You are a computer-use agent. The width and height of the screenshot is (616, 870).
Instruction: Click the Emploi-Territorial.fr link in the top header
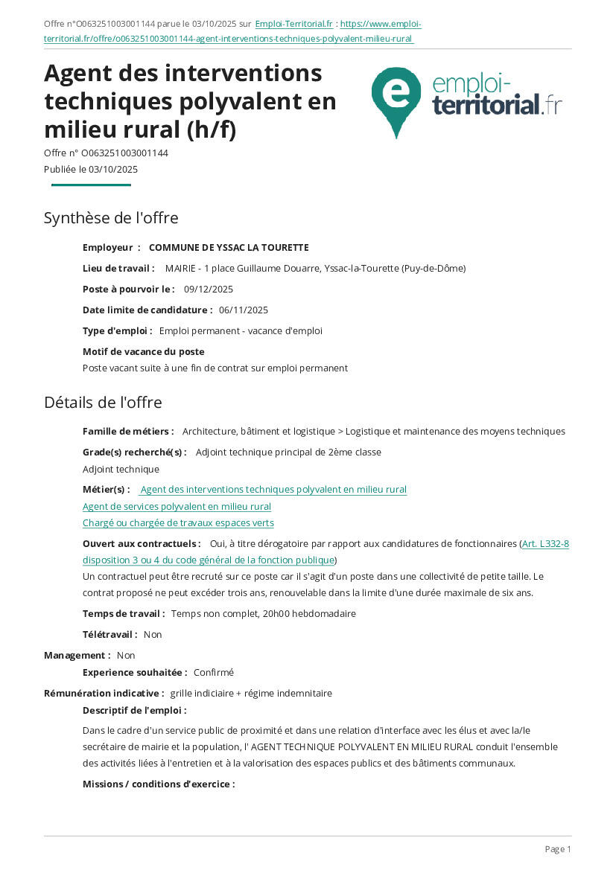pos(293,24)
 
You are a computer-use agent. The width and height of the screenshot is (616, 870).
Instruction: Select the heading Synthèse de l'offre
pos(111,218)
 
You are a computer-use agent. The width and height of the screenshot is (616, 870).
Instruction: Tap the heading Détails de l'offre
pos(103,403)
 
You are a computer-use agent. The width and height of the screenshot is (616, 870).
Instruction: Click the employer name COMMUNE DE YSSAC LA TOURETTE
pos(229,248)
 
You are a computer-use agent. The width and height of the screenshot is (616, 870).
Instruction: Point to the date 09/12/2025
pos(209,290)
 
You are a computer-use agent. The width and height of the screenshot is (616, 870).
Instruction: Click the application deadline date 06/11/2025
pos(244,310)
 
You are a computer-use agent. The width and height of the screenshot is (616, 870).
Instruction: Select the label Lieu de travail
pos(118,269)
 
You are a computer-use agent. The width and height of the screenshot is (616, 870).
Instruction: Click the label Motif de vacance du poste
pos(144,352)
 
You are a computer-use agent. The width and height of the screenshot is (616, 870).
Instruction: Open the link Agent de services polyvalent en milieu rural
pos(177,507)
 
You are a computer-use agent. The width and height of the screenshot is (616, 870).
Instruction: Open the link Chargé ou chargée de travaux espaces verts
pos(178,523)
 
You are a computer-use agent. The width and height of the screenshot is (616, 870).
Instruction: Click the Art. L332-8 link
pos(545,544)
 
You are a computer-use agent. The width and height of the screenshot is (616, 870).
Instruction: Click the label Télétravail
pos(109,635)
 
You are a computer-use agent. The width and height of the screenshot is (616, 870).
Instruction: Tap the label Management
pos(77,656)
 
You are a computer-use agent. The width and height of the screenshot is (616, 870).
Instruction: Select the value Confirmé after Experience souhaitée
pos(214,673)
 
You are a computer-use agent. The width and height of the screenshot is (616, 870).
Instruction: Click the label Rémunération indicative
pos(104,694)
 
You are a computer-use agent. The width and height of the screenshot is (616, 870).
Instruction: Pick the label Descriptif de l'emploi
pos(134,711)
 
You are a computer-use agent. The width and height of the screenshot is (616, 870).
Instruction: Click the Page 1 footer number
pos(558,849)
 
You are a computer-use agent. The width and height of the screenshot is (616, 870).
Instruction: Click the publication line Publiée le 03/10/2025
pos(91,170)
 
